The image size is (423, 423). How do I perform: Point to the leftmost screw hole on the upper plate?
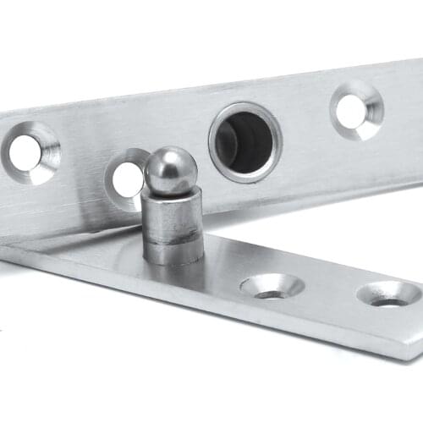(x=26, y=151)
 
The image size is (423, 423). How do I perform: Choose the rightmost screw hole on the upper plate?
(x=353, y=110)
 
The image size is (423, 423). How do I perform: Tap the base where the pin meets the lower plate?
(x=173, y=261)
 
